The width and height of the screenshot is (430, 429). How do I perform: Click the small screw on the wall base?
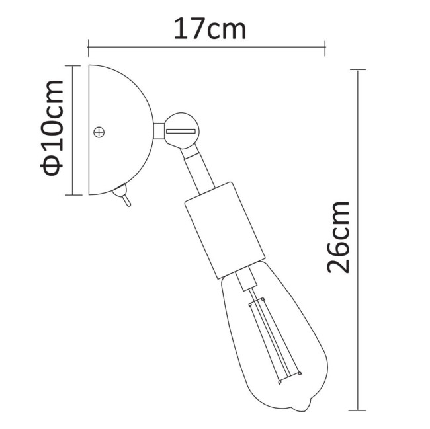(100, 132)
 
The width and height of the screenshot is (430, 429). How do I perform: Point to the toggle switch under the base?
(121, 196)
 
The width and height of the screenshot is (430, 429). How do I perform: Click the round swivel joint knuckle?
(180, 129)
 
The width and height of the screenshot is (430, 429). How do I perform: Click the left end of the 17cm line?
(89, 46)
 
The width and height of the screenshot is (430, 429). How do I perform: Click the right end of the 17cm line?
(324, 46)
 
